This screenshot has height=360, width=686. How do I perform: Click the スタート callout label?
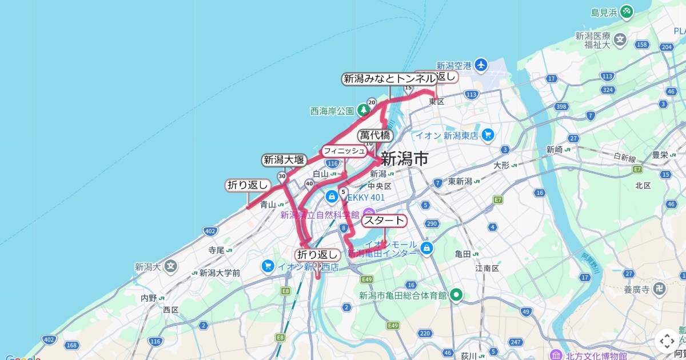point(384,221)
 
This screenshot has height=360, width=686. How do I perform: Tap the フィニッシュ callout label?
point(344,151)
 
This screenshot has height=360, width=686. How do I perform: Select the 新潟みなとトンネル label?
point(389,79)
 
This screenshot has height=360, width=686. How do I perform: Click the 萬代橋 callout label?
point(375,135)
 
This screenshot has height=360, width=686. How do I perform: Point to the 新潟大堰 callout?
point(284,160)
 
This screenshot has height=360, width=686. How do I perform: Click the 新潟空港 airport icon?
point(481,65)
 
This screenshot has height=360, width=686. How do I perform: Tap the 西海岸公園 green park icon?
point(362,110)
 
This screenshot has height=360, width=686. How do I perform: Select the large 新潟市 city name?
point(404,158)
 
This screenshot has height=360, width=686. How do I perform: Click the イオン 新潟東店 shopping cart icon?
point(487,135)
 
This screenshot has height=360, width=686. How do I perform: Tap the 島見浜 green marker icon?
point(627,11)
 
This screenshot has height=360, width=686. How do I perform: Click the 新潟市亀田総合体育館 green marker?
point(456,295)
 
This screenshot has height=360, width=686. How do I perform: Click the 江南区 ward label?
point(487,267)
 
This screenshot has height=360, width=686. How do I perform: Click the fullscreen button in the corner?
point(667,342)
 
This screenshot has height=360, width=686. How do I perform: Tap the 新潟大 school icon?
point(171,266)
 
